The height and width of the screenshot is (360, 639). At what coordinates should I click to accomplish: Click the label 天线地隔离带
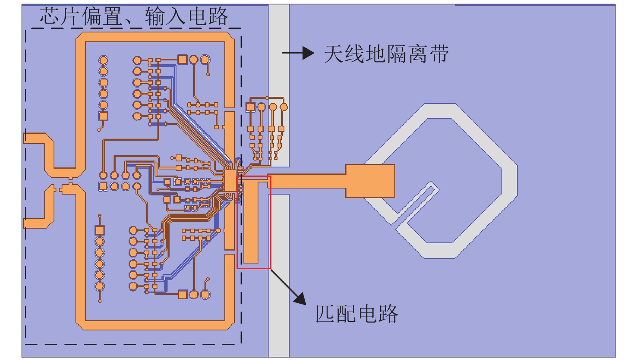click(x=386, y=54)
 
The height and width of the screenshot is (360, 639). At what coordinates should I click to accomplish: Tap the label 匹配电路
click(x=357, y=313)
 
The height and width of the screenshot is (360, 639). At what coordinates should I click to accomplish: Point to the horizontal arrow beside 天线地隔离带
click(x=298, y=53)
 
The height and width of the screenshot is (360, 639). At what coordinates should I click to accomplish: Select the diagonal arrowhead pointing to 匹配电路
click(x=300, y=298)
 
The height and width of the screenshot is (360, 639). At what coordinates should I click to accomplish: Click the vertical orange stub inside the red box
click(x=251, y=223)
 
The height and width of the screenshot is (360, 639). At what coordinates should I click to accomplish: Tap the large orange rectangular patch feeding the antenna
click(x=370, y=181)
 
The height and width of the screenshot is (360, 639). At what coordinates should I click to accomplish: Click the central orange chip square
click(x=230, y=181)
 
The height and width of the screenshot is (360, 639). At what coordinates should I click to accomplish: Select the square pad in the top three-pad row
click(x=183, y=60)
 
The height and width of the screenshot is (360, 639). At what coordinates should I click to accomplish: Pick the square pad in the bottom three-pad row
click(x=183, y=295)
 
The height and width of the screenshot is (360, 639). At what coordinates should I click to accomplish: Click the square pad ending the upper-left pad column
click(x=103, y=116)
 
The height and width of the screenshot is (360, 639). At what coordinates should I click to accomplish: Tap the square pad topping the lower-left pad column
click(x=100, y=230)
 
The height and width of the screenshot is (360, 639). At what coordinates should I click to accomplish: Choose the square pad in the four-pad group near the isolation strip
click(x=250, y=107)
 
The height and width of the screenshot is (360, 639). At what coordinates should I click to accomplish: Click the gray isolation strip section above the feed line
click(x=279, y=81)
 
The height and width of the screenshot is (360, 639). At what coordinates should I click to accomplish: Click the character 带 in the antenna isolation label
click(x=439, y=54)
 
